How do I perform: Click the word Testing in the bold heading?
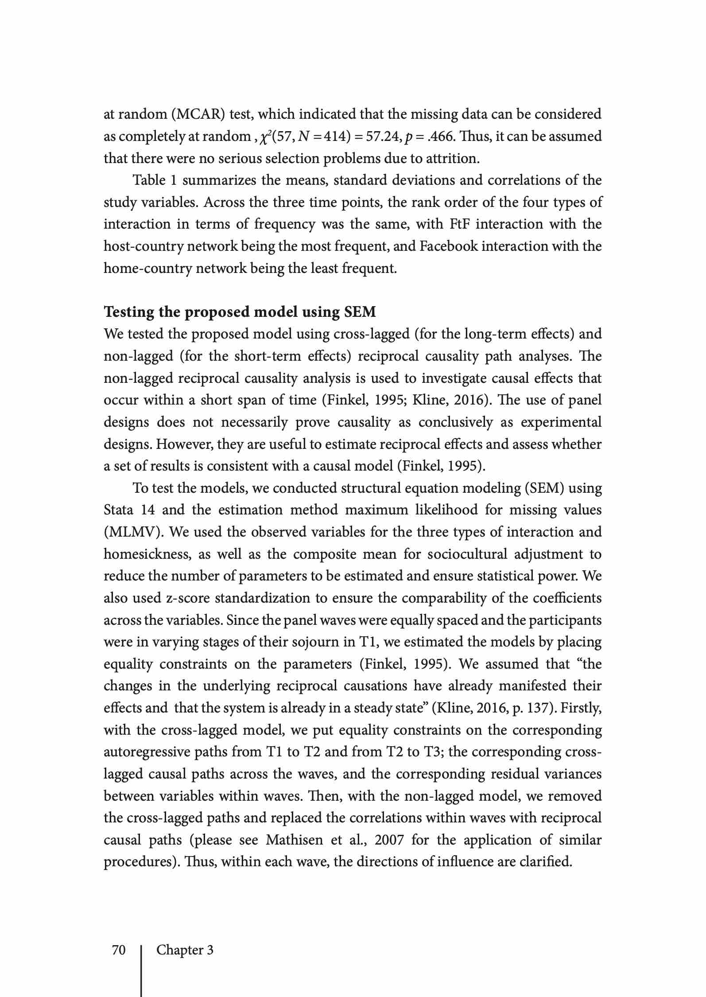click(128, 312)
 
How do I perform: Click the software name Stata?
click(118, 510)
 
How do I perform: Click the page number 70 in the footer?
click(119, 950)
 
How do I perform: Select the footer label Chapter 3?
click(185, 950)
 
